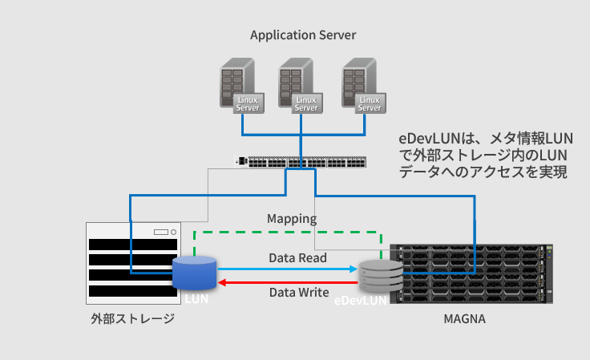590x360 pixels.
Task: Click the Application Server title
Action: click(x=303, y=35)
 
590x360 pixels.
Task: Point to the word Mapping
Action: click(x=292, y=218)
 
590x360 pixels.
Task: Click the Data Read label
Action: click(x=297, y=258)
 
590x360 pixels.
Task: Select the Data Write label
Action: click(x=298, y=293)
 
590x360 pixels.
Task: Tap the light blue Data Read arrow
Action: click(x=289, y=270)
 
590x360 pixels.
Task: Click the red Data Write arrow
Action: click(x=289, y=281)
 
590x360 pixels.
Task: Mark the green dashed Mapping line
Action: click(x=289, y=233)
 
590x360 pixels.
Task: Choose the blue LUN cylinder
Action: click(x=195, y=273)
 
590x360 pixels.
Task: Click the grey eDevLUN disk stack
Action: click(x=379, y=277)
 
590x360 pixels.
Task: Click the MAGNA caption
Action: click(x=465, y=319)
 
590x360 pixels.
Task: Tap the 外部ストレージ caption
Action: click(x=133, y=319)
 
